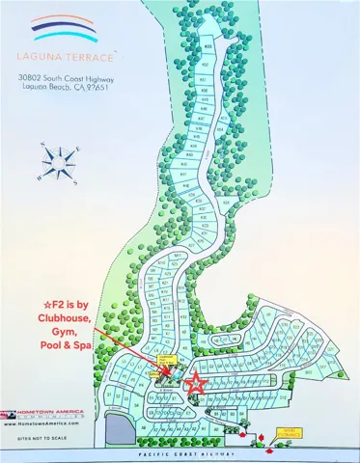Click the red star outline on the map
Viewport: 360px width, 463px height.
pos(195,383)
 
